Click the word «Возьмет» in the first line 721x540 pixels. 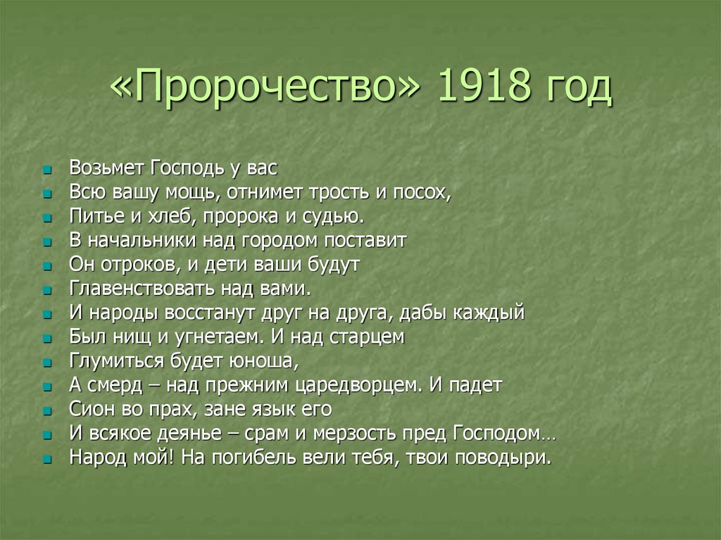click(x=106, y=168)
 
